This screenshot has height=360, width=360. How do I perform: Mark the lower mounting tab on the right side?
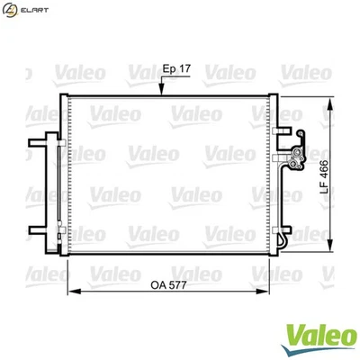[x=282, y=238]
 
